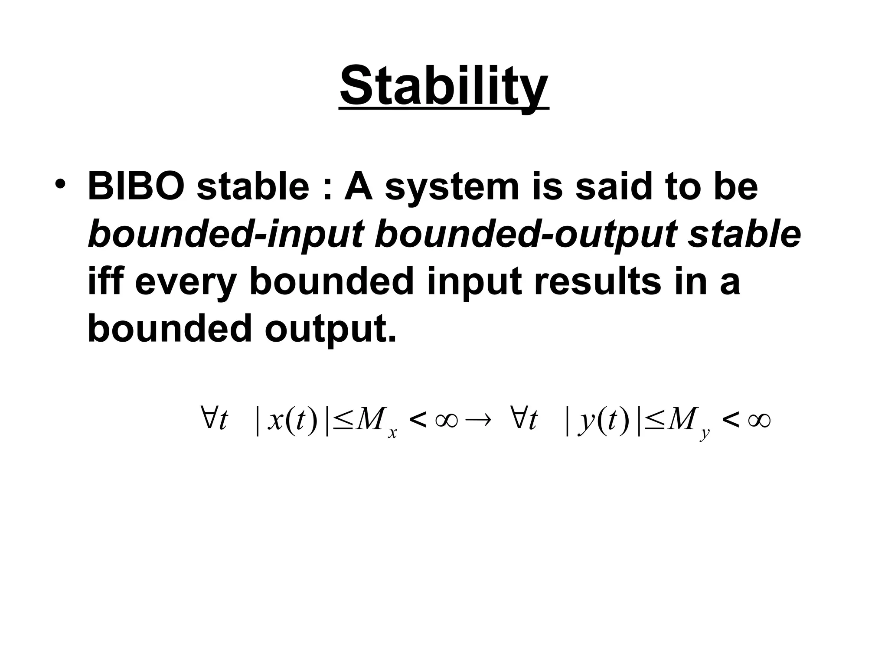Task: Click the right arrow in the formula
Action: coord(478,420)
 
